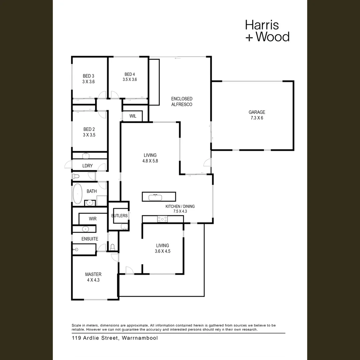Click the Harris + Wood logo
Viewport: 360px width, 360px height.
267,31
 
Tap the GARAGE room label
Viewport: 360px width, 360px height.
257,112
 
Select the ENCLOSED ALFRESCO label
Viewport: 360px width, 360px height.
182,102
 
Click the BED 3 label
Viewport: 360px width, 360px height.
88,76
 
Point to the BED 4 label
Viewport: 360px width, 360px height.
130,74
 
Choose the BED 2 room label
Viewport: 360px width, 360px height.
89,129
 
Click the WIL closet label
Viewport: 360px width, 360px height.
133,116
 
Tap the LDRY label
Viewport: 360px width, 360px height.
87,166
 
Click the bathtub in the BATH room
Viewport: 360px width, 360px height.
78,193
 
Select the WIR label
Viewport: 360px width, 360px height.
93,219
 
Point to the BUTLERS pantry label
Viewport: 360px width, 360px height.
119,216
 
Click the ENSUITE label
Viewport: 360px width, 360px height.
90,239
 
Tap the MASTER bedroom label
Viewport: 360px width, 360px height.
93,274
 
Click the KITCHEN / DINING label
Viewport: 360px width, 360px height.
180,206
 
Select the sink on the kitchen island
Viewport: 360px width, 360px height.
155,197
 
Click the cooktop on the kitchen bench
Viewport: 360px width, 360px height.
162,219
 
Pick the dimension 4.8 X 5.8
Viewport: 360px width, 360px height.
150,161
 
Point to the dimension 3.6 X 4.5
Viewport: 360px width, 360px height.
162,251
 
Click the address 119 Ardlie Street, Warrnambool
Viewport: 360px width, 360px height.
115,338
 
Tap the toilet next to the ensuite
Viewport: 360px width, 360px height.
113,247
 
